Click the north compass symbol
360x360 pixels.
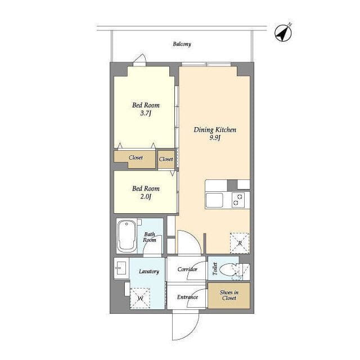pyautogui.click(x=283, y=33)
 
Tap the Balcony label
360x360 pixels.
pyautogui.click(x=182, y=44)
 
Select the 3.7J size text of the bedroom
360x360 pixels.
pyautogui.click(x=146, y=113)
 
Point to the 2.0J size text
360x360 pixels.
pyautogui.click(x=146, y=196)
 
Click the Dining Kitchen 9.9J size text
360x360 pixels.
pyautogui.click(x=215, y=138)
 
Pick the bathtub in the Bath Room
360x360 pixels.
pyautogui.click(x=127, y=236)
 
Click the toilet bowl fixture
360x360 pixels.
pyautogui.click(x=228, y=269)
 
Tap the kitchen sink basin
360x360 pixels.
pyautogui.click(x=214, y=200)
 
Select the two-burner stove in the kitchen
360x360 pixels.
pyautogui.click(x=238, y=200)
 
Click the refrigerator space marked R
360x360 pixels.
pyautogui.click(x=240, y=243)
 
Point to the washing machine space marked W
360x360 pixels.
pyautogui.click(x=140, y=299)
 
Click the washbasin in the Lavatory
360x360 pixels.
pyautogui.click(x=121, y=268)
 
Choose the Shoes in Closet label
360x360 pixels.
pyautogui.click(x=229, y=295)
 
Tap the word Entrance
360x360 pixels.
pyautogui.click(x=187, y=297)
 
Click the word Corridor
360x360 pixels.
pyautogui.click(x=187, y=269)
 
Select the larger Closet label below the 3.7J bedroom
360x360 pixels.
pyautogui.click(x=136, y=157)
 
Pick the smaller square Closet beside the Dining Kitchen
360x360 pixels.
pyautogui.click(x=166, y=159)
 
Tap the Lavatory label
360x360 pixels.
pyautogui.click(x=149, y=272)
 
